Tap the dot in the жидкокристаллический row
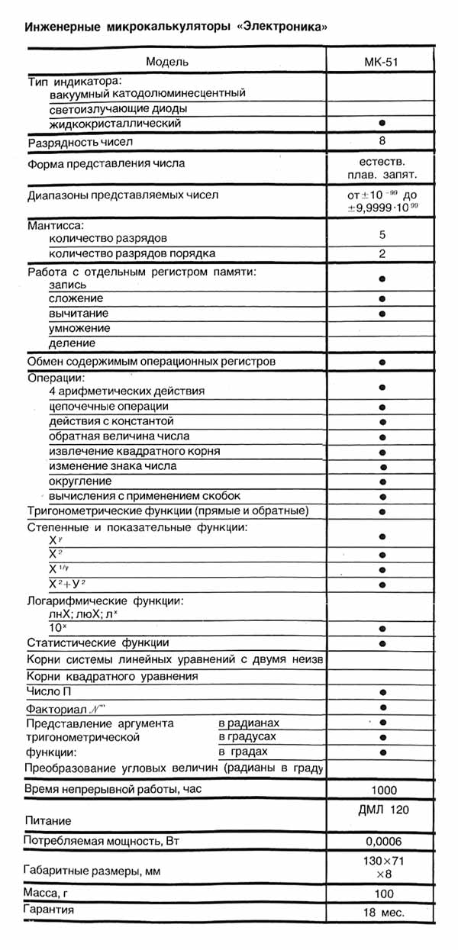click(381, 123)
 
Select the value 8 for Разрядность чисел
click(382, 141)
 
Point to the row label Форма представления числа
click(106, 163)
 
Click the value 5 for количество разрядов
click(382, 237)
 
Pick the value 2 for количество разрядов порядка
click(382, 253)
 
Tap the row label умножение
click(79, 328)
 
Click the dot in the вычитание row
click(381, 314)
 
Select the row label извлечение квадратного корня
click(134, 451)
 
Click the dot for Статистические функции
click(382, 643)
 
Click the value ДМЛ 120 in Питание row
click(381, 808)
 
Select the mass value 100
click(384, 894)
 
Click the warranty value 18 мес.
click(383, 912)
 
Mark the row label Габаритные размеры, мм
click(95, 870)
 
